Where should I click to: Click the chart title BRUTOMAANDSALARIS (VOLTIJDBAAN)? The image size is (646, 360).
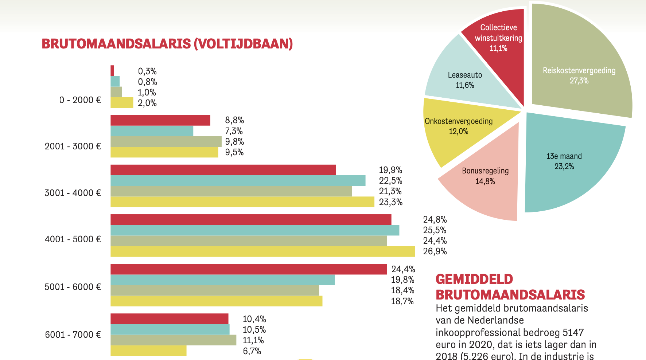click(167, 44)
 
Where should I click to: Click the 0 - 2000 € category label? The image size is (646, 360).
click(80, 100)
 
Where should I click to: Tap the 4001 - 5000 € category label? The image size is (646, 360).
click(73, 239)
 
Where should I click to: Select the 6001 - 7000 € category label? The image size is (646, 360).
click(73, 335)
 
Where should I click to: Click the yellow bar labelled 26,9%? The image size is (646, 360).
click(262, 251)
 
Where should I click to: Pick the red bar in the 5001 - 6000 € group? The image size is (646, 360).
click(248, 269)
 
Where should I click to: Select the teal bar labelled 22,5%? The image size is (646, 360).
click(237, 181)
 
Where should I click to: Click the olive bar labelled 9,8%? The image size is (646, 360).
click(166, 141)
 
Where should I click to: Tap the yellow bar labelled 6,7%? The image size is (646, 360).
click(148, 351)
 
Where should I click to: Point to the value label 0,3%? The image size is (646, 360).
click(147, 71)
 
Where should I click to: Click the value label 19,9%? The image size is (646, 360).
click(390, 170)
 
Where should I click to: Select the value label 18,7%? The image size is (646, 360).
click(402, 301)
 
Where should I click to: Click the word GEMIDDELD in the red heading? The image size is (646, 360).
click(474, 279)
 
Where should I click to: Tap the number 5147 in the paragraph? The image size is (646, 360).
click(573, 333)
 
